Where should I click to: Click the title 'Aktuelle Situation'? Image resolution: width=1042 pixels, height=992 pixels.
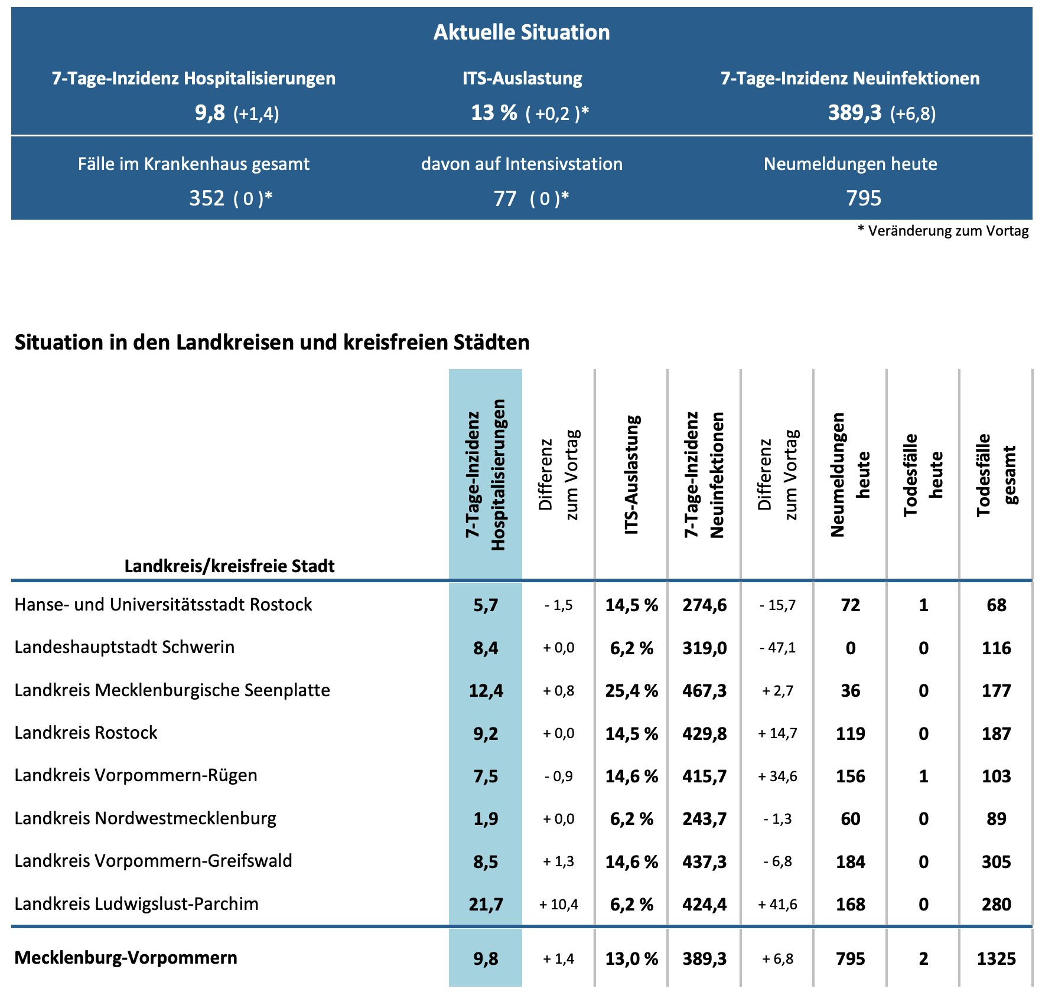tap(521, 32)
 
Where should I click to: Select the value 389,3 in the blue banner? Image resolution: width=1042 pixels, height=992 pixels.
tap(854, 112)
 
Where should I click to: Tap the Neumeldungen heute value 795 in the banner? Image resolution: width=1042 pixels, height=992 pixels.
tap(863, 198)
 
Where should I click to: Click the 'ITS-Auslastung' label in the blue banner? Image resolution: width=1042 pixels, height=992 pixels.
tap(522, 78)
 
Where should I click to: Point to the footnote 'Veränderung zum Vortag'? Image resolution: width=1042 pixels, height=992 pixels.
tap(947, 231)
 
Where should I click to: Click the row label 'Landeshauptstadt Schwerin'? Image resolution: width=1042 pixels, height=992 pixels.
tap(125, 647)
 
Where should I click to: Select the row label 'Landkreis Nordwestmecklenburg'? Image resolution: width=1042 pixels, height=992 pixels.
tap(145, 818)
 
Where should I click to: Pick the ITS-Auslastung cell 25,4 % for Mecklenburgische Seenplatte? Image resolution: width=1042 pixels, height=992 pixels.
tap(631, 690)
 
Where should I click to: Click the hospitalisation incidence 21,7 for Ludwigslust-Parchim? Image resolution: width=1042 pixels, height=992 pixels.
tap(486, 904)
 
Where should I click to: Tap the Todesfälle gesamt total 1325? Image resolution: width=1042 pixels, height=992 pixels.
tap(996, 958)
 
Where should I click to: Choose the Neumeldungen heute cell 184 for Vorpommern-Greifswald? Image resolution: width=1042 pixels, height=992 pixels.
tap(850, 862)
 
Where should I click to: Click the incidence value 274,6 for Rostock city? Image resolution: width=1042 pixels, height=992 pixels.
tap(704, 605)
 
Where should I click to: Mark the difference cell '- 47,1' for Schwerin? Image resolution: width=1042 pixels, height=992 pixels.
tap(777, 648)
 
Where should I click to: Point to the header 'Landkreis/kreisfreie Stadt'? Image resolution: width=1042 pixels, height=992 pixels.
tap(229, 566)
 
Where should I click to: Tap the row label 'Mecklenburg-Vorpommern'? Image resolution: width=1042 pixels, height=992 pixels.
tap(126, 957)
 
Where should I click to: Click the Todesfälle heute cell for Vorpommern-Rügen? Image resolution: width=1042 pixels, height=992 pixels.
tap(923, 776)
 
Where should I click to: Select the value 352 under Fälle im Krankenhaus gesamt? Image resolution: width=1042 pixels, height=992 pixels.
tap(207, 198)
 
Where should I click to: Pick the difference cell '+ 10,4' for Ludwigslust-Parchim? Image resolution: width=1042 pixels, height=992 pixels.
tap(558, 904)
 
